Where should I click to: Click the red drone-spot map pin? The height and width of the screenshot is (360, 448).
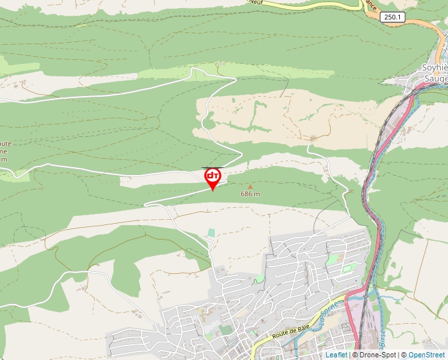212,178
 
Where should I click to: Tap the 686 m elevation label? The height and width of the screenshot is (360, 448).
250,194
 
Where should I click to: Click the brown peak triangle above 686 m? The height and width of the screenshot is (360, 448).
250,187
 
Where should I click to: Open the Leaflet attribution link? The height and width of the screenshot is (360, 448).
336,355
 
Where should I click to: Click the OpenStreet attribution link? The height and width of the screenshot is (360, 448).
426,355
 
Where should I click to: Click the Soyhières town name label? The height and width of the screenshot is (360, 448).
434,68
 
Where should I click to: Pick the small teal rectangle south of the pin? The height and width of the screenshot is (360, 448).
211,232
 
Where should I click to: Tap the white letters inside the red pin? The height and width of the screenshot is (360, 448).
212,176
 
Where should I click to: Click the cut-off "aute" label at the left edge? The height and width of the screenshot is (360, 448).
5,143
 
